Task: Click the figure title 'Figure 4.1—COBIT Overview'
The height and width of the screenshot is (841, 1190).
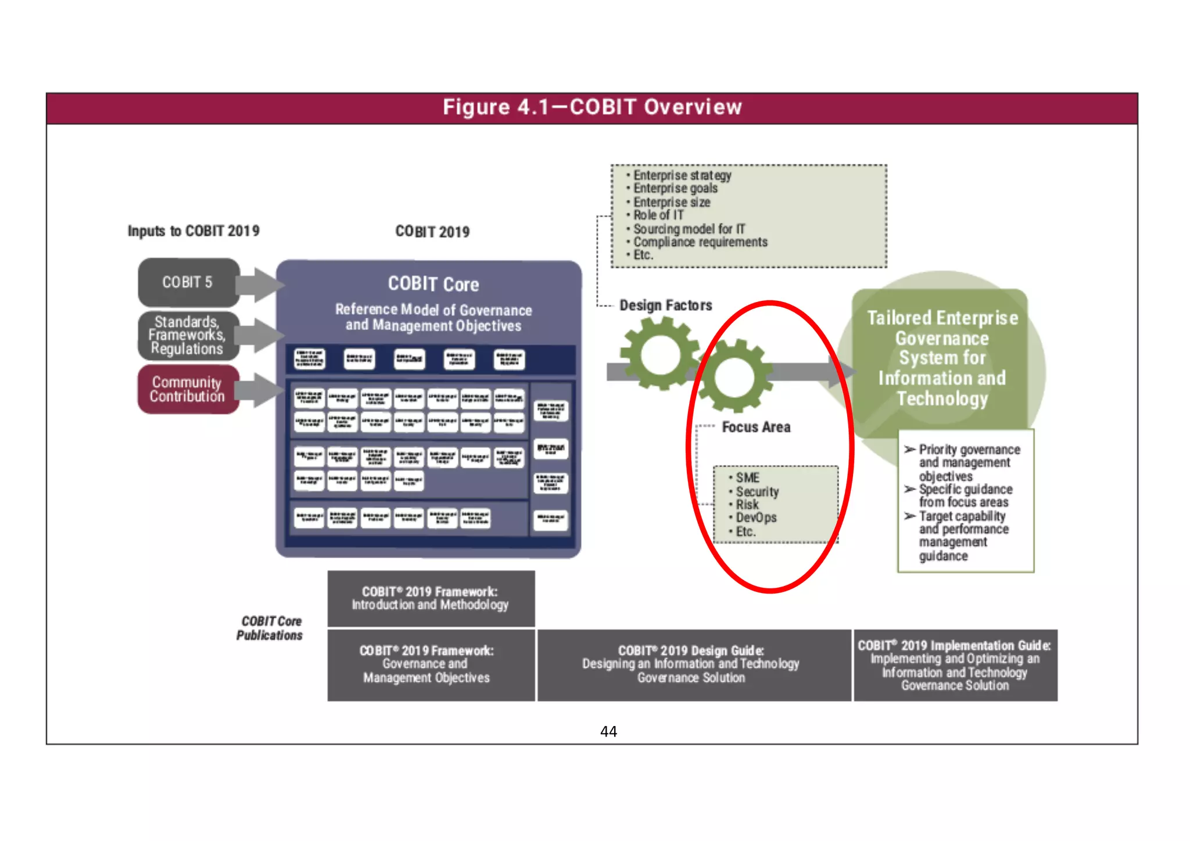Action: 592,107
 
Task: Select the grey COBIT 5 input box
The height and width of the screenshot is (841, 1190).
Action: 188,282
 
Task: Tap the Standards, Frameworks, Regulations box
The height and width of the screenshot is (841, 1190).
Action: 187,336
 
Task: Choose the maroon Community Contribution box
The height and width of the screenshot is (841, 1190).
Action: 187,389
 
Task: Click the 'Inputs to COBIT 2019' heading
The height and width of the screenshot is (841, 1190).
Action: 193,231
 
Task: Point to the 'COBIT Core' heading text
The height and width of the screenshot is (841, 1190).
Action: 433,284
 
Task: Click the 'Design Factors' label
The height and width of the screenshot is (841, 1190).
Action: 665,306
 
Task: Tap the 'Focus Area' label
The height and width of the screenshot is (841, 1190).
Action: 756,427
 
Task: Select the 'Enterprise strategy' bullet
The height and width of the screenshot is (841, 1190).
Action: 682,175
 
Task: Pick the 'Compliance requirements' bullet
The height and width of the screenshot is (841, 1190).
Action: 700,242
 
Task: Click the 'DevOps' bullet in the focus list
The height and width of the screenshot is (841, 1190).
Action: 756,517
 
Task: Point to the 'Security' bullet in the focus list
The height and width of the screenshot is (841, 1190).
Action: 757,491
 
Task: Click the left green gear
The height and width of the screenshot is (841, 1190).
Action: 660,354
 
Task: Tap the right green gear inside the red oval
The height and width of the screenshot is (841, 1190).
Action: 735,377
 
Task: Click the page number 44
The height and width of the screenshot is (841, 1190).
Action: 608,731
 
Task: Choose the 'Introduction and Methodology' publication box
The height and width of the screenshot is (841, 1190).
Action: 431,599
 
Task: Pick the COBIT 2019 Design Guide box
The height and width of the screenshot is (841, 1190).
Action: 691,664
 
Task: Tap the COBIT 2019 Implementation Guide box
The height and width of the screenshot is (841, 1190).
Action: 955,665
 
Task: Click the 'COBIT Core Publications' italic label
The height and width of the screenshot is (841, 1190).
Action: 270,628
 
